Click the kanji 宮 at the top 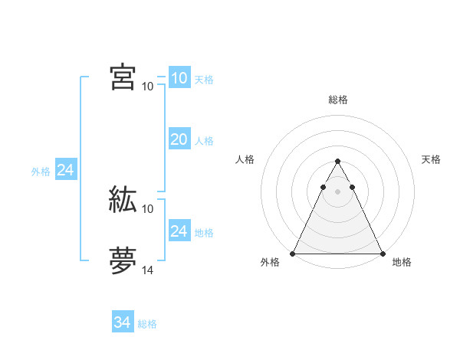click(x=123, y=77)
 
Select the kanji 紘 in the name click(x=123, y=199)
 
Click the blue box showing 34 click(x=123, y=322)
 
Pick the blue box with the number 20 click(x=179, y=139)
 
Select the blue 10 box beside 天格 click(x=179, y=78)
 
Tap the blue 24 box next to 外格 click(x=66, y=171)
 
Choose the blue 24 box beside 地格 click(x=179, y=231)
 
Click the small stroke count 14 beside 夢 click(x=148, y=270)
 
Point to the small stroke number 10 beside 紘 click(x=148, y=208)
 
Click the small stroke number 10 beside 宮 click(x=148, y=86)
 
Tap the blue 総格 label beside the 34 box click(x=147, y=324)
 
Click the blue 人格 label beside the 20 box click(x=204, y=141)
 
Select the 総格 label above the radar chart click(x=338, y=100)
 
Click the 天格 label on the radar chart click(x=432, y=159)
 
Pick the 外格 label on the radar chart click(x=270, y=263)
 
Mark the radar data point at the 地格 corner click(x=382, y=254)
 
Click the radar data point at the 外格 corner click(x=294, y=254)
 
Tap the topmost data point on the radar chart click(x=337, y=162)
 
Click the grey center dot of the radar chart click(x=337, y=191)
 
